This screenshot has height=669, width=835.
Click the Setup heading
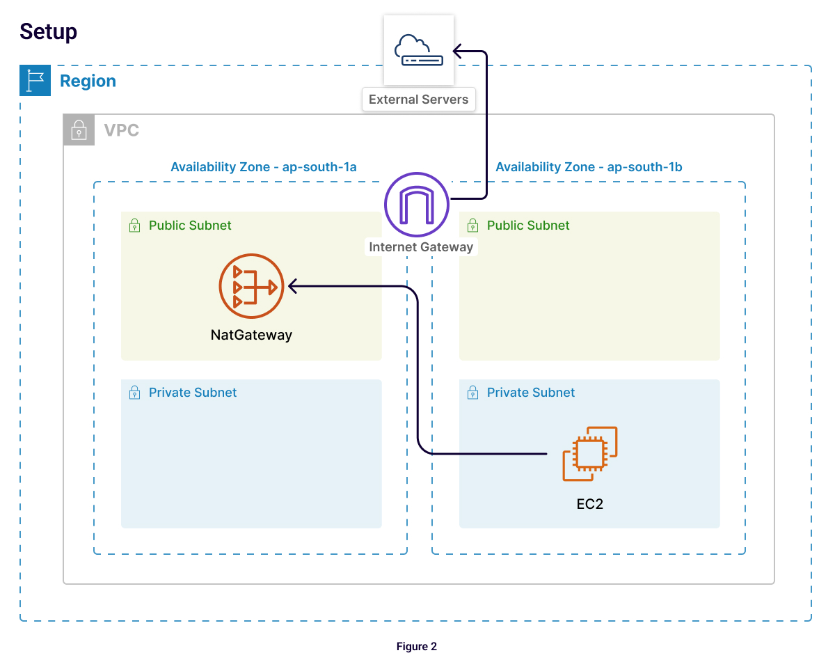pos(48,32)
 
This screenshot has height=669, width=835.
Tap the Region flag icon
pos(35,81)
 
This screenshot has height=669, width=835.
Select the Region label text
pos(88,81)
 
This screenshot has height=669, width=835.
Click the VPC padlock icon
pos(79,130)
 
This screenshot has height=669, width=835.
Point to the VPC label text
pos(121,130)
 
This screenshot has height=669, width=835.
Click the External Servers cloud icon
pos(418,51)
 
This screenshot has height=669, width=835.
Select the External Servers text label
pos(418,99)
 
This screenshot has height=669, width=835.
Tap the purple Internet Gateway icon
pos(417,205)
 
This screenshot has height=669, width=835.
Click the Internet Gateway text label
pos(421,247)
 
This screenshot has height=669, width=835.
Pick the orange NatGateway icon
pos(251,286)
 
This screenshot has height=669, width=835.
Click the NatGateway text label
pos(251,335)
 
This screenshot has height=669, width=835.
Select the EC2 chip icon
pos(589,453)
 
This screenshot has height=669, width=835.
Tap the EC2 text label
pos(589,504)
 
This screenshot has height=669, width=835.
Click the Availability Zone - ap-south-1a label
pos(264,167)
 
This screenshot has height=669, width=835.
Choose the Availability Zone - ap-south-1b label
pos(589,167)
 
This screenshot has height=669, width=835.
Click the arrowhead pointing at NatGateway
pos(293,285)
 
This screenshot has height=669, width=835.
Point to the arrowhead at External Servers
pos(458,51)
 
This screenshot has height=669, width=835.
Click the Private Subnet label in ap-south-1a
pos(193,393)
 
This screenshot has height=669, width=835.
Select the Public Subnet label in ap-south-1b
pos(528,226)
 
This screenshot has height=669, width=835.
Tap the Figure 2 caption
pos(417,647)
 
